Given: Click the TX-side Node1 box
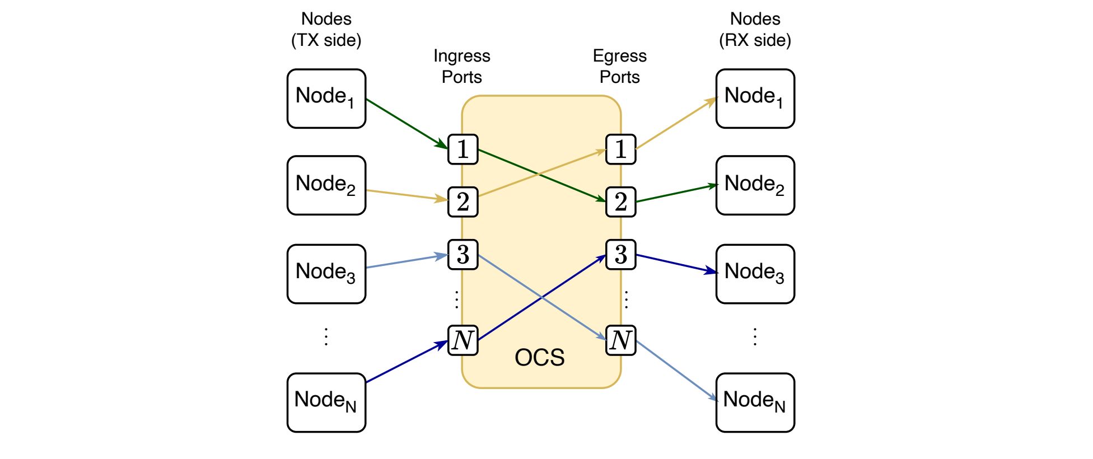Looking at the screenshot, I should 326,99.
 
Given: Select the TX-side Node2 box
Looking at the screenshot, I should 326,185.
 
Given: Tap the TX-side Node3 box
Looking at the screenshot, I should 326,274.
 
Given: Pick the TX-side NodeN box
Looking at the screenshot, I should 326,402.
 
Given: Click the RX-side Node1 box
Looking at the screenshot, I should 755,99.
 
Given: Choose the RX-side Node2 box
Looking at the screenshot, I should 755,185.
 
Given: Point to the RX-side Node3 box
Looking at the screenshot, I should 755,274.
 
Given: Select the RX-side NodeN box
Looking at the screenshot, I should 755,402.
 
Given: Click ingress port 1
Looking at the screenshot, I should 463,149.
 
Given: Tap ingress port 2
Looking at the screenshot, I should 463,202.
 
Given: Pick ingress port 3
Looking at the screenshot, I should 463,255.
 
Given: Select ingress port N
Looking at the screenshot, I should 463,340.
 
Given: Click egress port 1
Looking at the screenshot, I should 621,149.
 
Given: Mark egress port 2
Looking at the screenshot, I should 621,202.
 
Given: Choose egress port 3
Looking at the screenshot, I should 621,255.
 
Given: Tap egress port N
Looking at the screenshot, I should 621,340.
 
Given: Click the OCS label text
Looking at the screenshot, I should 540,358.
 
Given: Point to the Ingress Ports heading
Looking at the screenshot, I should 462,66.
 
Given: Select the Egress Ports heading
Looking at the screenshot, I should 620,66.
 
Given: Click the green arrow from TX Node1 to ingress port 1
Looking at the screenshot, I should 407,124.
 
